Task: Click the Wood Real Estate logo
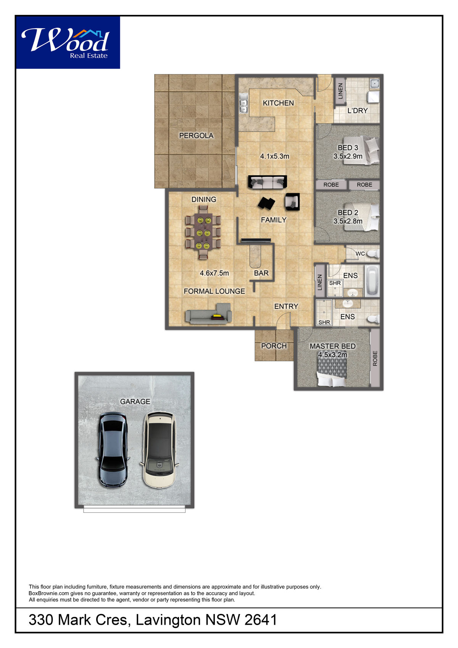(x=68, y=42)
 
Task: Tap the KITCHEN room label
(x=278, y=103)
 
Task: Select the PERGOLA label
(x=196, y=136)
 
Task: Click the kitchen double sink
(x=244, y=103)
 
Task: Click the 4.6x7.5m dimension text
(x=214, y=273)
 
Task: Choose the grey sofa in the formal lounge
(x=208, y=313)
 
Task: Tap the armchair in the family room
(x=292, y=202)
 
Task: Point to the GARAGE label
(x=135, y=402)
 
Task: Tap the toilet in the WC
(x=373, y=254)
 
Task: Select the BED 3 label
(x=348, y=147)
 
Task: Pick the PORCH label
(x=274, y=346)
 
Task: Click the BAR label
(x=261, y=273)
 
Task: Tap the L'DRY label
(x=357, y=110)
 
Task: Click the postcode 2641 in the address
(x=261, y=620)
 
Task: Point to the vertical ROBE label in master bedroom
(x=375, y=359)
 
